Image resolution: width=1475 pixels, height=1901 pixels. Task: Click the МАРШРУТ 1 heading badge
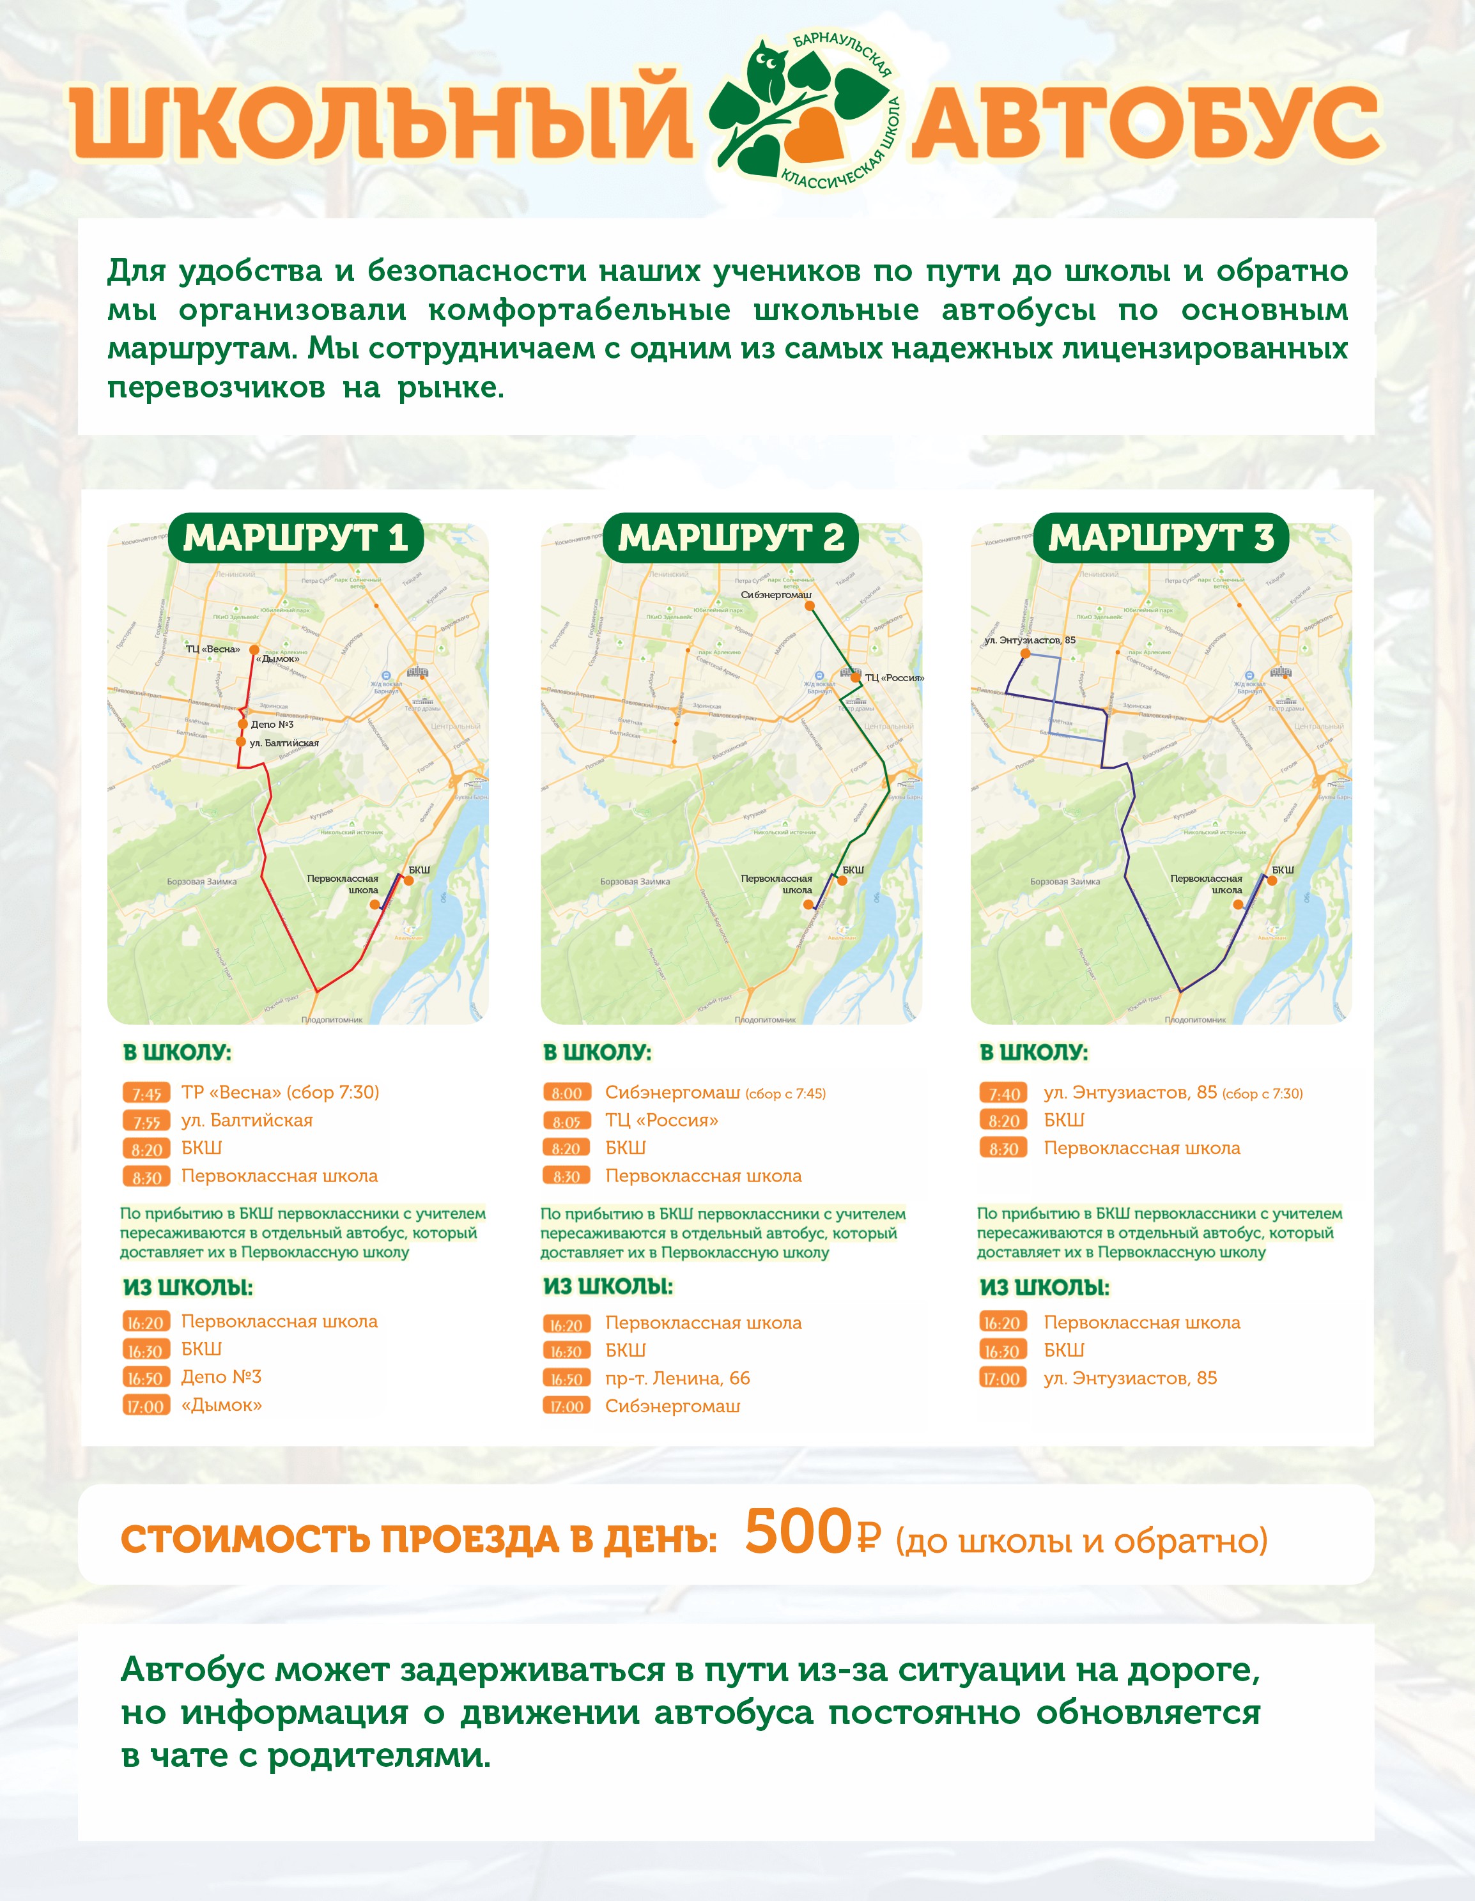[296, 538]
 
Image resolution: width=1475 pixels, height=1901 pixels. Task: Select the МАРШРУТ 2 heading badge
[730, 538]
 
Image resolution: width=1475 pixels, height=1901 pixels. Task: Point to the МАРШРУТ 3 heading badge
[1161, 538]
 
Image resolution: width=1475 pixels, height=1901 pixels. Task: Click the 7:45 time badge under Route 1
[146, 1094]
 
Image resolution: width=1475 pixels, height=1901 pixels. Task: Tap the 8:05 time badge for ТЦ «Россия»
[566, 1121]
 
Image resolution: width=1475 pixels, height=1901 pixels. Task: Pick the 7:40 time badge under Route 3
[1004, 1094]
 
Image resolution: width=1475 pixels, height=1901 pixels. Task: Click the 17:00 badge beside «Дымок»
[146, 1406]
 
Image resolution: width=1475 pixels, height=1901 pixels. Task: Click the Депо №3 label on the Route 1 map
[272, 724]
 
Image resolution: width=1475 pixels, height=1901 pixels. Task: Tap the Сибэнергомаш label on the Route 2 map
[776, 594]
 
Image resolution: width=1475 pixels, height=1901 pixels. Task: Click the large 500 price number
[798, 1532]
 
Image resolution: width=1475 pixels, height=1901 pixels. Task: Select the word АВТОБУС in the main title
[1146, 122]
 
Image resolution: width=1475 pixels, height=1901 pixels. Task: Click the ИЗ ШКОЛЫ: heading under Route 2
[608, 1286]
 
